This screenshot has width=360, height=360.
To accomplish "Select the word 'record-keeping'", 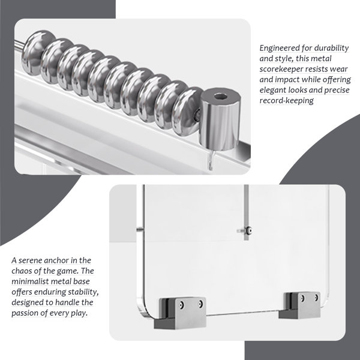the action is (287, 101).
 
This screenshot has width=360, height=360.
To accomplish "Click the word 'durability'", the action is (331, 48).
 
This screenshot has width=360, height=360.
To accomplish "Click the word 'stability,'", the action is (83, 292).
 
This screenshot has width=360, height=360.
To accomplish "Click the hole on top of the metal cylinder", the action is (221, 97).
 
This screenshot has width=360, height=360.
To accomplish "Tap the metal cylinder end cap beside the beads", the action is (220, 119).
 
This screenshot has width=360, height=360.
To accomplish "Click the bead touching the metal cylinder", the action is (187, 112).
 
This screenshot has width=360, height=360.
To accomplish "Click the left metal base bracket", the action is (180, 313).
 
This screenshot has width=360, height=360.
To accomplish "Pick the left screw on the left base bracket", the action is (182, 305).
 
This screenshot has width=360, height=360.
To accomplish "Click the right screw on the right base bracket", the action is (316, 298).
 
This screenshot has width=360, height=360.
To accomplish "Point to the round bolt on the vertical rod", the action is (248, 230).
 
